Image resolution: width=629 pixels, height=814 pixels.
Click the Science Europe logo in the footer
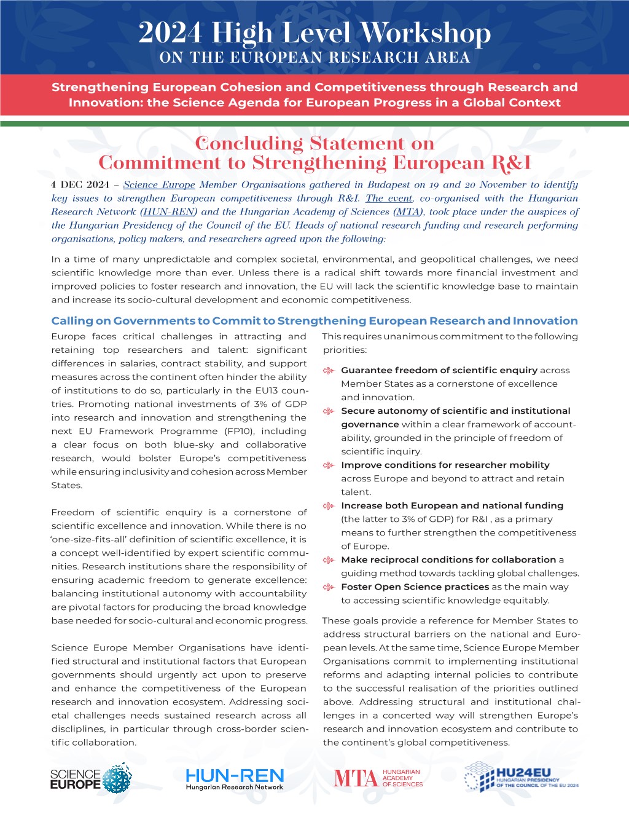click(x=90, y=778)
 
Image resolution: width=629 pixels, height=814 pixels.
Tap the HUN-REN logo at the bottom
click(x=235, y=779)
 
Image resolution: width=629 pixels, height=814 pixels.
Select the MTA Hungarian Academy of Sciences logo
click(x=378, y=778)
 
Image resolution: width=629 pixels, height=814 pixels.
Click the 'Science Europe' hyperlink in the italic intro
click(x=159, y=184)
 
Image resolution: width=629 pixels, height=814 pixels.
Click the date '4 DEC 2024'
click(x=80, y=184)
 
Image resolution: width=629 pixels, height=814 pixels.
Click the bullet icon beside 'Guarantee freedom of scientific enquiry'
click(x=329, y=371)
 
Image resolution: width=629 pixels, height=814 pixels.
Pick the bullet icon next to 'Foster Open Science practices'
click(x=329, y=587)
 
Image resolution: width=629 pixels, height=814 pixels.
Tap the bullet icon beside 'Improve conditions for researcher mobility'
click(x=329, y=465)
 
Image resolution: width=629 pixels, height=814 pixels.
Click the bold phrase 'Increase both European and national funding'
click(x=452, y=505)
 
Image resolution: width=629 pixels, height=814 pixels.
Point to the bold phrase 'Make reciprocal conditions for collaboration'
click(x=448, y=559)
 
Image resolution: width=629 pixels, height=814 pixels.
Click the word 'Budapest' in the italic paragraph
click(x=389, y=184)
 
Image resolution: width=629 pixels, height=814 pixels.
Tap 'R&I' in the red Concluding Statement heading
click(x=511, y=163)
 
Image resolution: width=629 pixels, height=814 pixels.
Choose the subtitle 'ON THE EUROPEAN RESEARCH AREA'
click(x=314, y=58)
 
